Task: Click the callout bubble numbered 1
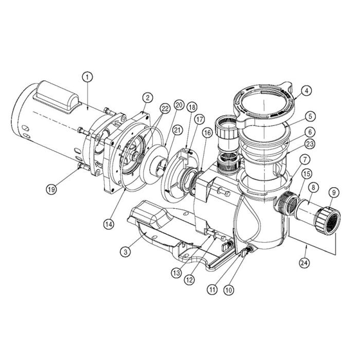click(88, 77)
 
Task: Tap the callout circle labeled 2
click(148, 97)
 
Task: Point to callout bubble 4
click(307, 92)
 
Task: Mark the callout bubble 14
click(109, 224)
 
